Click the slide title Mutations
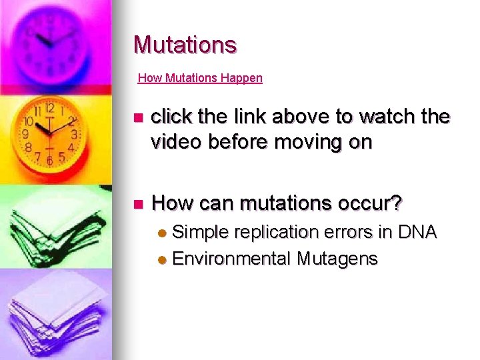click(185, 45)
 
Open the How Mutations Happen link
click(200, 78)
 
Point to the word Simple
click(199, 232)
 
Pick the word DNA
click(417, 232)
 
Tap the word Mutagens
click(337, 258)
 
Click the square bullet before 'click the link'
click(138, 118)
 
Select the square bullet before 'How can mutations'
click(138, 203)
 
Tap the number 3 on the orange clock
click(75, 134)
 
